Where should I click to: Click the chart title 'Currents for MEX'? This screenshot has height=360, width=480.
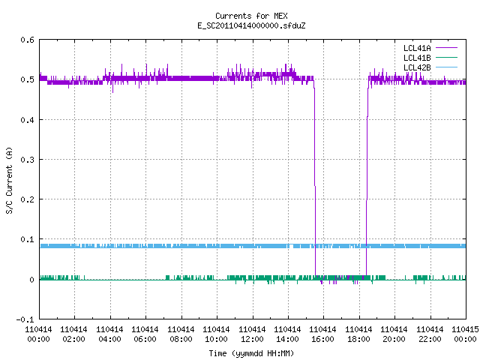tap(251, 16)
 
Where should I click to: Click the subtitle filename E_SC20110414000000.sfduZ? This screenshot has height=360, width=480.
tap(251, 25)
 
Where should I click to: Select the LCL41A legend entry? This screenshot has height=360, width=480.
tap(430, 48)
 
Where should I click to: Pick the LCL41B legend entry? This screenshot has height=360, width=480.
tap(430, 58)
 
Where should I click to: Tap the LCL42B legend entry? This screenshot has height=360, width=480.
tap(430, 67)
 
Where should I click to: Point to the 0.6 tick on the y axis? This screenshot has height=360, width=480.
tap(27, 40)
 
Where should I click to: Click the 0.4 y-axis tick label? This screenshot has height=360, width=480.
tap(27, 120)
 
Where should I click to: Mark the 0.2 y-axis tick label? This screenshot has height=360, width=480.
tap(27, 199)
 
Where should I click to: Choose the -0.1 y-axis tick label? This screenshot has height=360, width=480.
tap(25, 319)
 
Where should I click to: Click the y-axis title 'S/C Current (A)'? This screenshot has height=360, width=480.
tap(9, 180)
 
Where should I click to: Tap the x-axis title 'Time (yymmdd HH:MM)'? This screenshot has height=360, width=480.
tap(251, 353)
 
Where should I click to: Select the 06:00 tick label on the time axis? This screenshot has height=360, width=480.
tap(145, 334)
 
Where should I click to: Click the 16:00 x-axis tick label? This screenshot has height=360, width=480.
tap(323, 334)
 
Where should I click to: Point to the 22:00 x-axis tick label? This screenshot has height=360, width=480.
tap(430, 334)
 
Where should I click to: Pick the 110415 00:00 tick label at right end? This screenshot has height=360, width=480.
tap(465, 334)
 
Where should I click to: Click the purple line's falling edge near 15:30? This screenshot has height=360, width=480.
tap(315, 178)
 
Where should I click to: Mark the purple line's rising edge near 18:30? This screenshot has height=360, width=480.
tap(367, 178)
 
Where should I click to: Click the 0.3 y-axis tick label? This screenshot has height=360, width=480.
tap(27, 160)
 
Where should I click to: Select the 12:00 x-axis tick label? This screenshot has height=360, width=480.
tap(252, 334)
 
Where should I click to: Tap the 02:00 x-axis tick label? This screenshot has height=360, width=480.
tap(73, 334)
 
